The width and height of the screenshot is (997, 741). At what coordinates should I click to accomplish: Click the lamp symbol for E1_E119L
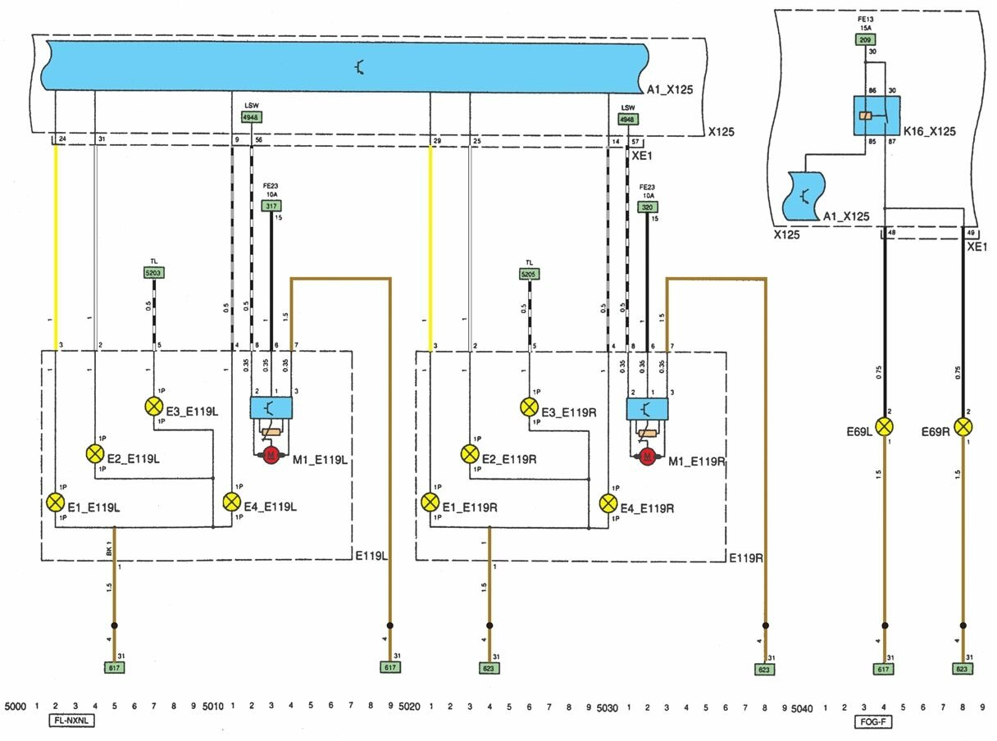56,502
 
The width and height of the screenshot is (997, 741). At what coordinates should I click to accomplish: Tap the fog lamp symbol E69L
885,427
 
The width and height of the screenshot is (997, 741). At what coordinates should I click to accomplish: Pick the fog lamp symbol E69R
963,427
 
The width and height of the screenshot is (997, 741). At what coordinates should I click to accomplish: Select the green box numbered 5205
530,274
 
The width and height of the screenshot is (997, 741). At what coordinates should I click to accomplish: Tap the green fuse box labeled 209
865,39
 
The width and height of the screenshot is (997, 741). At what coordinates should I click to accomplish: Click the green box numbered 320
648,207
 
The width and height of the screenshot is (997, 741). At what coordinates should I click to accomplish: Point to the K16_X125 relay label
929,131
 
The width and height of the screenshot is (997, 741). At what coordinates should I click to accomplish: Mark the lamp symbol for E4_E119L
233,502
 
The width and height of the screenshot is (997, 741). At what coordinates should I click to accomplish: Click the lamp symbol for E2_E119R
470,453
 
